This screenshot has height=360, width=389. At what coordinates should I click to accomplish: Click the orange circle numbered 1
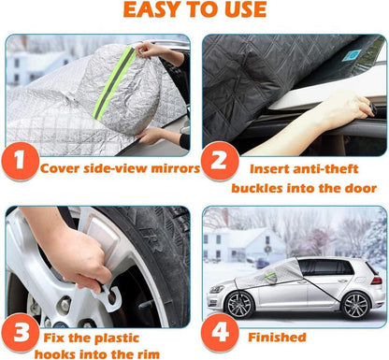click(21, 161)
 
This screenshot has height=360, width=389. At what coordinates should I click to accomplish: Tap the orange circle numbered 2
click(220, 161)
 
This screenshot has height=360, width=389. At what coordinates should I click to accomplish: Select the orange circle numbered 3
click(21, 333)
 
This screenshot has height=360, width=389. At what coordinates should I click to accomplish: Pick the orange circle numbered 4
click(220, 333)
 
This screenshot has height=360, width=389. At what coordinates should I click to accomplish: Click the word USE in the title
click(244, 9)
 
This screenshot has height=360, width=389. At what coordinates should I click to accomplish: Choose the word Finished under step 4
click(277, 338)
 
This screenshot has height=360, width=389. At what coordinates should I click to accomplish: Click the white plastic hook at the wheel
click(109, 297)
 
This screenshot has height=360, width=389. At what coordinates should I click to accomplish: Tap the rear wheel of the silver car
click(356, 306)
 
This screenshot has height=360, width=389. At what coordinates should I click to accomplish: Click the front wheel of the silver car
click(239, 304)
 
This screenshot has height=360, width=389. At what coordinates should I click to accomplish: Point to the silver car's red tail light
click(377, 281)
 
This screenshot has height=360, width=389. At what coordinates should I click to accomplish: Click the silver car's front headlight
click(216, 290)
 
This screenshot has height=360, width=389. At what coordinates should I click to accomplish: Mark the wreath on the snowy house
click(267, 249)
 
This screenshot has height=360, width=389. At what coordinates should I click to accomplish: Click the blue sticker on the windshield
click(352, 55)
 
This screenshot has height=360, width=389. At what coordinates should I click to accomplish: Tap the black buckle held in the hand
click(373, 108)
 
